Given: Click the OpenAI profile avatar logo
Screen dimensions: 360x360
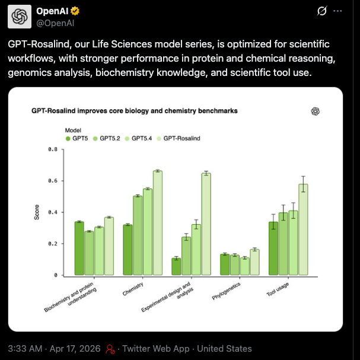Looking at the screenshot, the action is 20,17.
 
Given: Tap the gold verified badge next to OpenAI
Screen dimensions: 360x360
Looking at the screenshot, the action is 75,11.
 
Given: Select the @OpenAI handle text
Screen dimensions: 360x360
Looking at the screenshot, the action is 55,23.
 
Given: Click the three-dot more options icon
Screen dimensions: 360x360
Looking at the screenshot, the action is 337,11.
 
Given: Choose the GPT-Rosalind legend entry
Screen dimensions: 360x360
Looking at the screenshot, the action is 179,138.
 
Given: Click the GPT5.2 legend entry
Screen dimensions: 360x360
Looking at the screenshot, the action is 107,138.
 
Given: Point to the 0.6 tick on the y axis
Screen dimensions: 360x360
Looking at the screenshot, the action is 53,181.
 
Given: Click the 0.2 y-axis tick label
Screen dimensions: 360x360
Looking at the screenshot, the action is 53,244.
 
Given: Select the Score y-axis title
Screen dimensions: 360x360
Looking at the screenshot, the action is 37,212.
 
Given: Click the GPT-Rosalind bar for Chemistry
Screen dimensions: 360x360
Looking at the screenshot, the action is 158,223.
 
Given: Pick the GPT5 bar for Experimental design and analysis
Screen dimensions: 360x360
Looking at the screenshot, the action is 176,266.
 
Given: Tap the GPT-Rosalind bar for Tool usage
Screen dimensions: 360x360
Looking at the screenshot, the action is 303,230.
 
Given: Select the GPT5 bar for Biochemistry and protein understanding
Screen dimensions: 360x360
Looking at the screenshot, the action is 79,248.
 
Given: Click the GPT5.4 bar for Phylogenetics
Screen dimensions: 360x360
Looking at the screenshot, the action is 245,266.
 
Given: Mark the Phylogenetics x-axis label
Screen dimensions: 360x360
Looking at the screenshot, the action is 226,291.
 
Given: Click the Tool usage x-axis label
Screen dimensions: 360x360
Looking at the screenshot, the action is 278,289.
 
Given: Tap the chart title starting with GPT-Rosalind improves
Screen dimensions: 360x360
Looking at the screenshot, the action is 135,111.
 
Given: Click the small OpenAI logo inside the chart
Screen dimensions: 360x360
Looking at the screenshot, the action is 316,111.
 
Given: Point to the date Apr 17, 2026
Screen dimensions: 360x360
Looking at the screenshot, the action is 75,349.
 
